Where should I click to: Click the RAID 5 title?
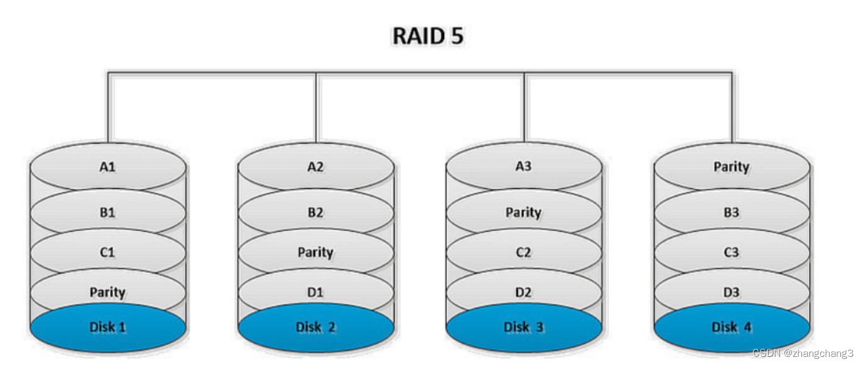pos(428,36)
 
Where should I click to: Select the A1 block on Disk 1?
pos(107,167)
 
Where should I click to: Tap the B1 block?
pos(107,213)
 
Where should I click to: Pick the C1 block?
pos(107,252)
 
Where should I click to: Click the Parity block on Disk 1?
pos(107,292)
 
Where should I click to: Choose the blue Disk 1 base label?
pos(107,327)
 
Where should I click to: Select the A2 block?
pos(315,167)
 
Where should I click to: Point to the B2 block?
pos(315,213)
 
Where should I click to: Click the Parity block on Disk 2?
pos(315,252)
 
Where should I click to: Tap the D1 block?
pos(315,292)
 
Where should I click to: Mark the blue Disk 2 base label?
pos(315,327)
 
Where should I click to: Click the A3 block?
pos(523,167)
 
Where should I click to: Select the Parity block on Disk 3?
pos(523,213)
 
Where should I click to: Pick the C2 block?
pos(523,252)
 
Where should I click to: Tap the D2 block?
pos(523,292)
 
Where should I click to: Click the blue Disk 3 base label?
pos(523,327)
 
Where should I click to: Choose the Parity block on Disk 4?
pos(731,167)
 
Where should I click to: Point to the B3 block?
pos(731,213)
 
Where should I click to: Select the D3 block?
pos(731,292)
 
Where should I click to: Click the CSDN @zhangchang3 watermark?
pos(806,353)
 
